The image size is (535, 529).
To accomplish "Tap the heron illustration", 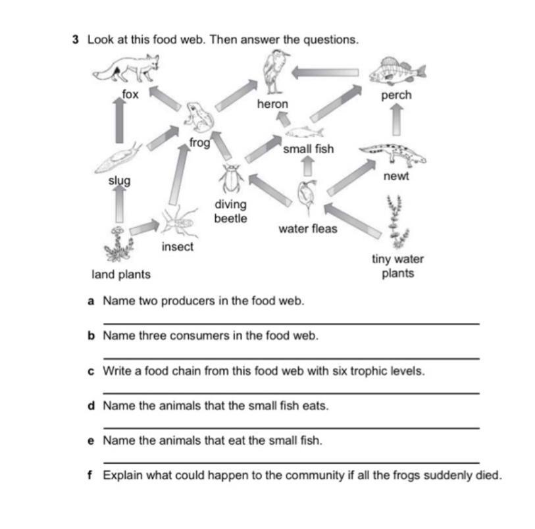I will coord(272,73).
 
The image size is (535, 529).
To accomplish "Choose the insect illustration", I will coord(178,222).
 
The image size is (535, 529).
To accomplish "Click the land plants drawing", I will coord(119,244).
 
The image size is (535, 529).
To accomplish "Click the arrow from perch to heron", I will coord(325,72).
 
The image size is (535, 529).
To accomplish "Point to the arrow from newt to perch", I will coord(396,118).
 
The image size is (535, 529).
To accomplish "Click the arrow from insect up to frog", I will coord(176,174).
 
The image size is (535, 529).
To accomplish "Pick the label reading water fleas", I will coord(307,229).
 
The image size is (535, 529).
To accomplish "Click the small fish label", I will coord(308,149).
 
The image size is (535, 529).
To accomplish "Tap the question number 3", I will coord(76,39).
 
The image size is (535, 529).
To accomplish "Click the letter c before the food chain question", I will coord(91,371).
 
